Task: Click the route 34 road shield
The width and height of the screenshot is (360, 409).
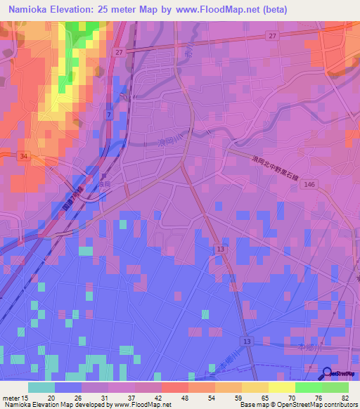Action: click(24, 156)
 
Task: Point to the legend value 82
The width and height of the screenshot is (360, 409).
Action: click(345, 397)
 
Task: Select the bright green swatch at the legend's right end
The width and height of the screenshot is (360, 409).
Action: click(335, 387)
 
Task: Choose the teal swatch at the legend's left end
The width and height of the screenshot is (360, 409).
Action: click(41, 387)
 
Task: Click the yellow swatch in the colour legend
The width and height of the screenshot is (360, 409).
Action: click(282, 387)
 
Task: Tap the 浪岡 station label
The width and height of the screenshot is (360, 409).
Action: click(104, 183)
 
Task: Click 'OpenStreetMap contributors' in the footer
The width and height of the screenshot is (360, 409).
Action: click(317, 404)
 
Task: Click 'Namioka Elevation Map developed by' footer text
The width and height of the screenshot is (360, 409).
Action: click(53, 404)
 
